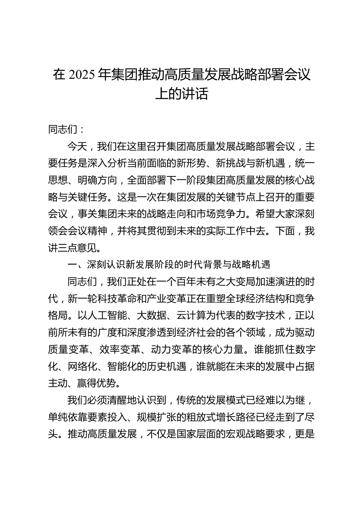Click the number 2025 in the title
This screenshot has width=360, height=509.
pos(81,75)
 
